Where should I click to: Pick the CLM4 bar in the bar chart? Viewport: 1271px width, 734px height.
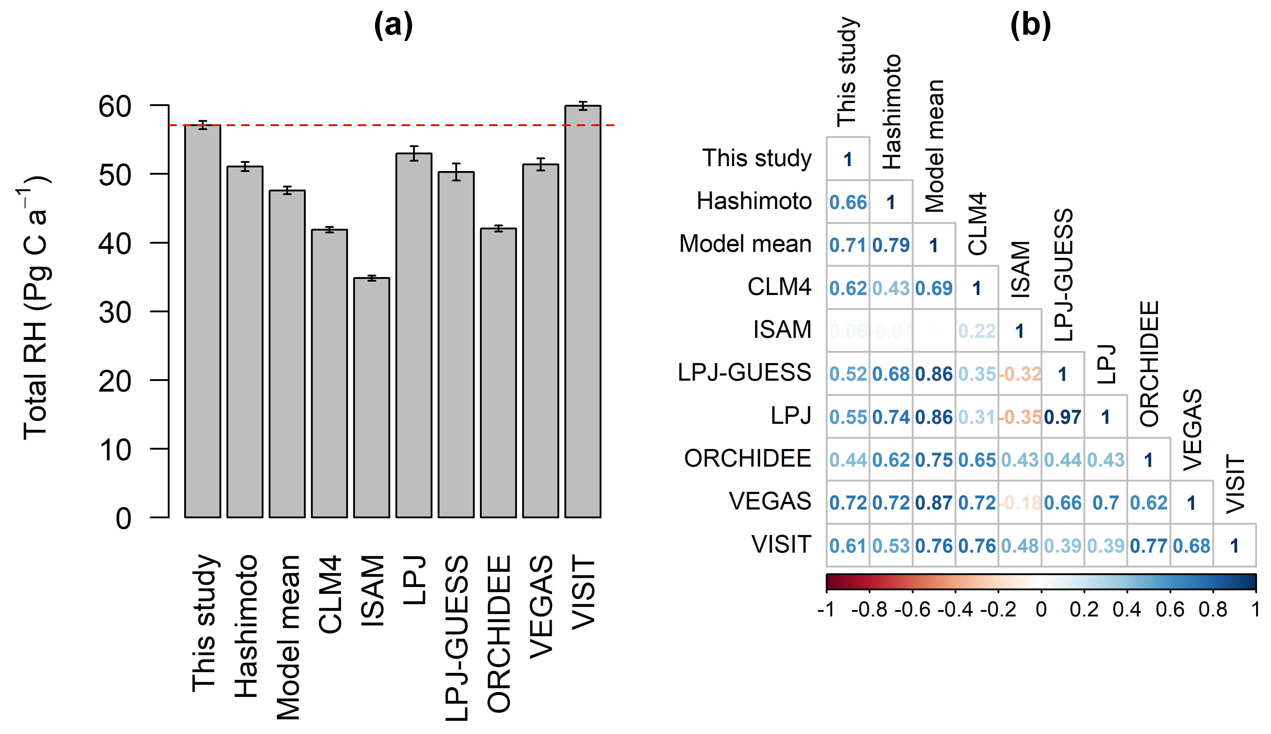[x=329, y=373]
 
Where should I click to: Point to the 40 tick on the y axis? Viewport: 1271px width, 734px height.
[x=115, y=243]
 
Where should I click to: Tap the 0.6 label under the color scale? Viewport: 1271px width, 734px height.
[x=1170, y=610]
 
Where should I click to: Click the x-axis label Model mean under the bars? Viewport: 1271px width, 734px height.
[x=288, y=638]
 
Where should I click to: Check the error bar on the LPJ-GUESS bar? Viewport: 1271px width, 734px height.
[x=456, y=172]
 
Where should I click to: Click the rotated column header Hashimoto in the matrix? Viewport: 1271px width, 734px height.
[x=891, y=112]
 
